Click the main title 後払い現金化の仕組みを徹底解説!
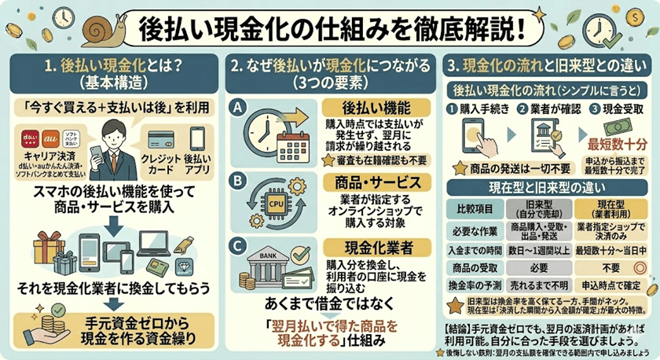[x=330, y=28]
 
